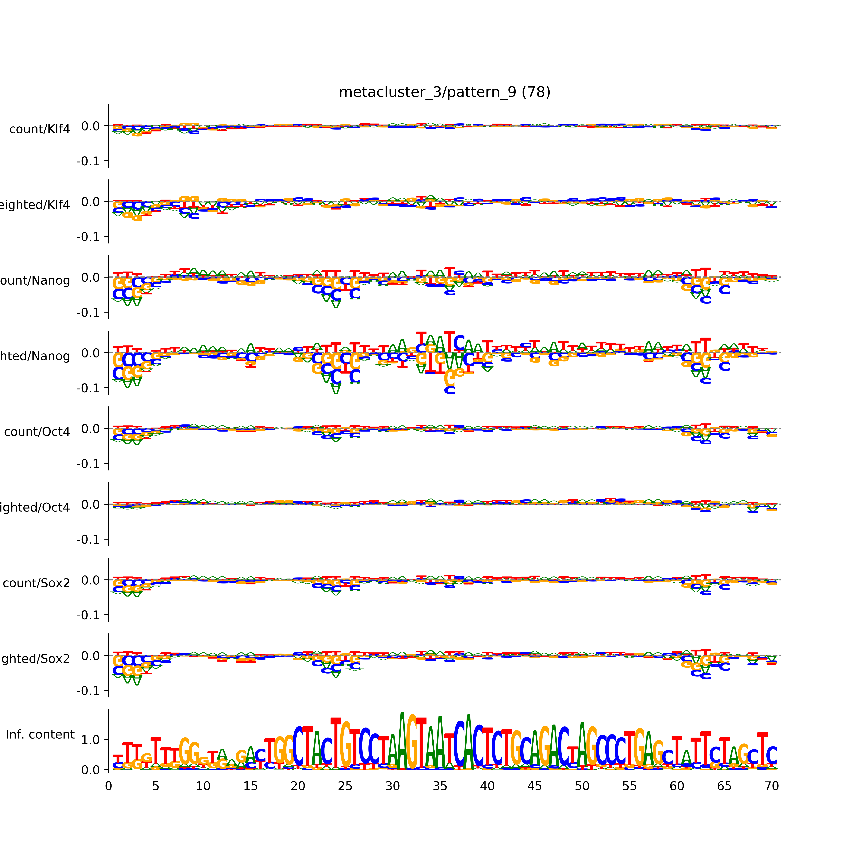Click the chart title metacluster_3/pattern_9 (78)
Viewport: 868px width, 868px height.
[444, 92]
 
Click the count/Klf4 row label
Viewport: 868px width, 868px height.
[39, 129]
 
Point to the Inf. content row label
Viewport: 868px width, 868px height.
[40, 735]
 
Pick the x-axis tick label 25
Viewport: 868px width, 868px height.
[345, 786]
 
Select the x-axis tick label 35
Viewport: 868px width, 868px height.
[440, 786]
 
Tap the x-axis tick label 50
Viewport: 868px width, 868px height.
[582, 786]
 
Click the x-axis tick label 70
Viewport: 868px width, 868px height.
[771, 786]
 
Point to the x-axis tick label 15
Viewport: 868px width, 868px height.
[250, 786]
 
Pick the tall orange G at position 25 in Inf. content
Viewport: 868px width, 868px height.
[345, 744]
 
